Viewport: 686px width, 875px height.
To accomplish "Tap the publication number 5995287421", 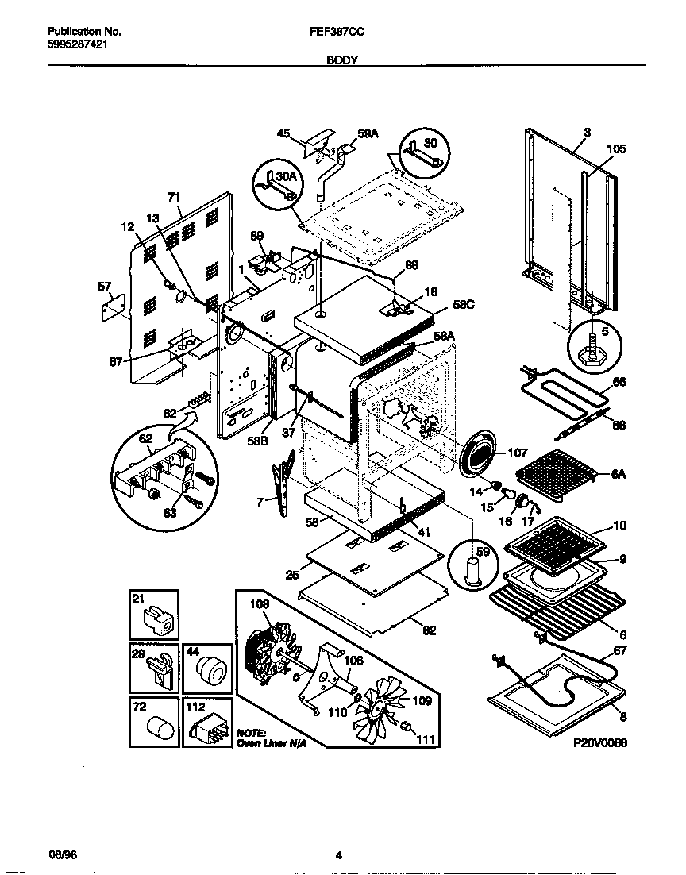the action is coord(78,45).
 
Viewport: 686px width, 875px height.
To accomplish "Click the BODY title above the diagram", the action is coord(342,60).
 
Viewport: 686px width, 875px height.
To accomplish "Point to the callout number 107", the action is coord(518,453).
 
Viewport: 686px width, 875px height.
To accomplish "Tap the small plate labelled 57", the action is coord(115,306).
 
